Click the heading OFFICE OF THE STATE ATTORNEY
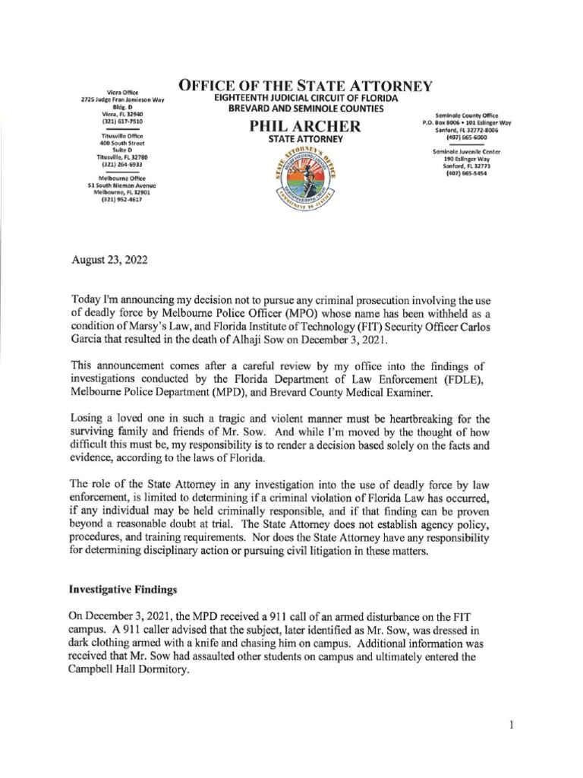[x=305, y=85]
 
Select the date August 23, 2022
[x=105, y=261]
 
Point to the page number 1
[x=512, y=726]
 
